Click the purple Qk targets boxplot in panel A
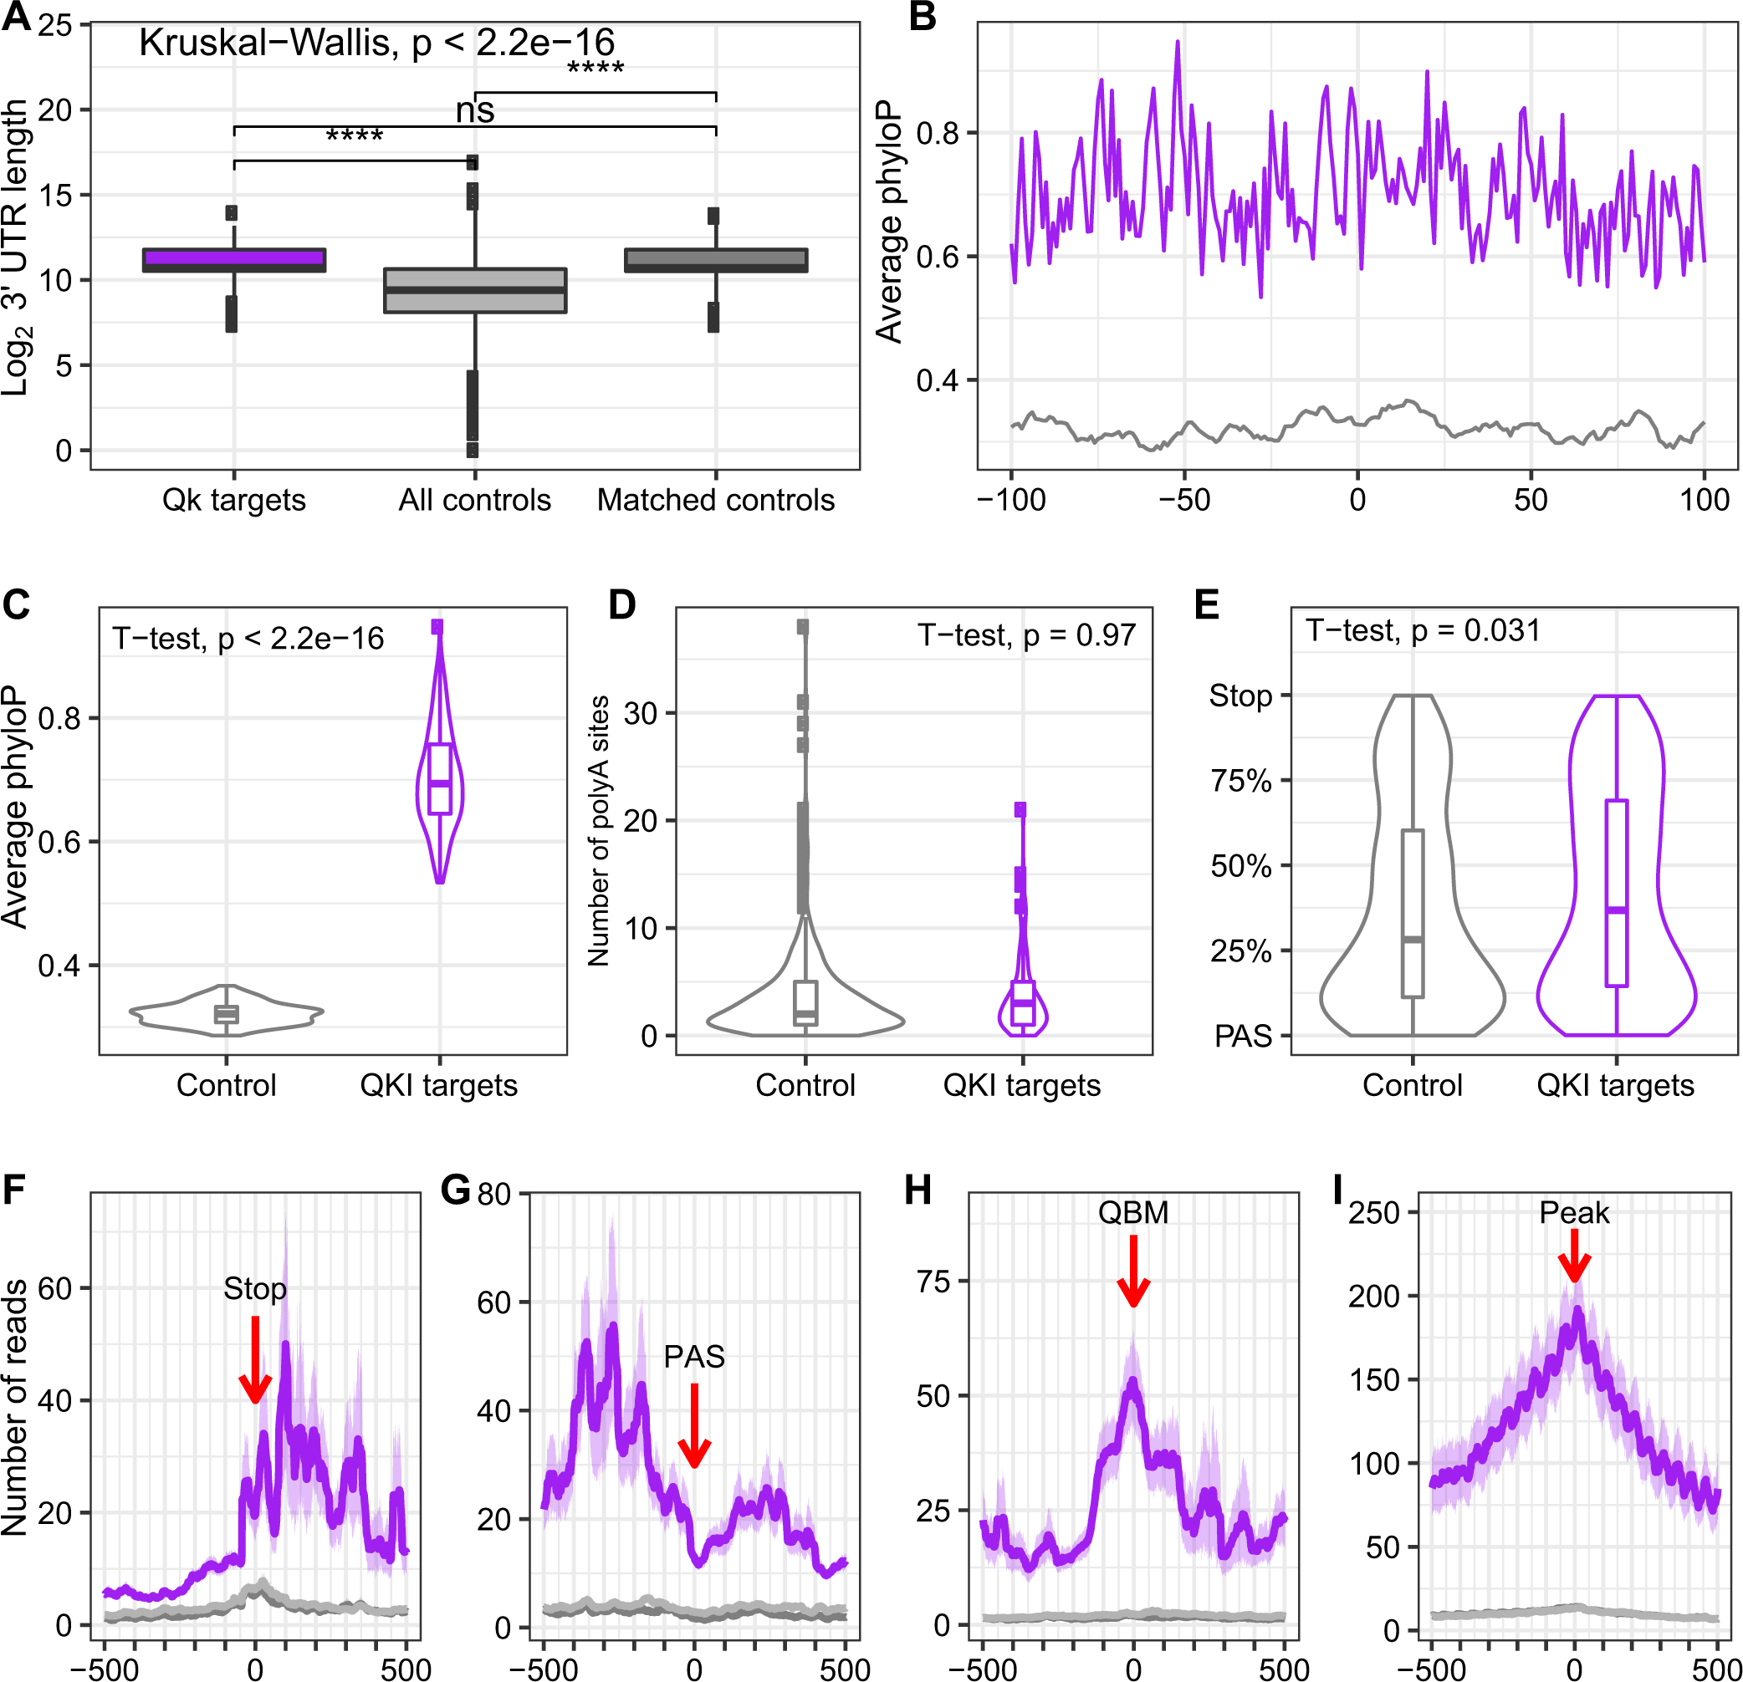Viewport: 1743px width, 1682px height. [x=234, y=260]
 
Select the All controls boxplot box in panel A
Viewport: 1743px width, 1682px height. [x=475, y=291]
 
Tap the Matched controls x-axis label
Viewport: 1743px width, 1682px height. [x=715, y=500]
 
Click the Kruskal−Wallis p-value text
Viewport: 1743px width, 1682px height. [x=376, y=43]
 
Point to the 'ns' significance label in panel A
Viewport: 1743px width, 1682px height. [x=475, y=110]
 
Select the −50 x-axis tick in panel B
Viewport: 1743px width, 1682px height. [x=1183, y=500]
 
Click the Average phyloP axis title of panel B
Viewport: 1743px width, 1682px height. [x=889, y=221]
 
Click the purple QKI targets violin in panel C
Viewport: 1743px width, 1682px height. [x=439, y=782]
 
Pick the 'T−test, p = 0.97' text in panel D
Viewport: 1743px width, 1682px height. [x=1026, y=635]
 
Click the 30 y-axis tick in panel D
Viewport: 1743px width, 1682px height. [x=641, y=713]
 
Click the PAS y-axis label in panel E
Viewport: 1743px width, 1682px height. [x=1242, y=1036]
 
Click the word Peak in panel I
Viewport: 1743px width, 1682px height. [x=1574, y=1213]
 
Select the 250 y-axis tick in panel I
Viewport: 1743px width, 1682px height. [x=1374, y=1213]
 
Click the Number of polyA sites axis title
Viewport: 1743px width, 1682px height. [x=598, y=831]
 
